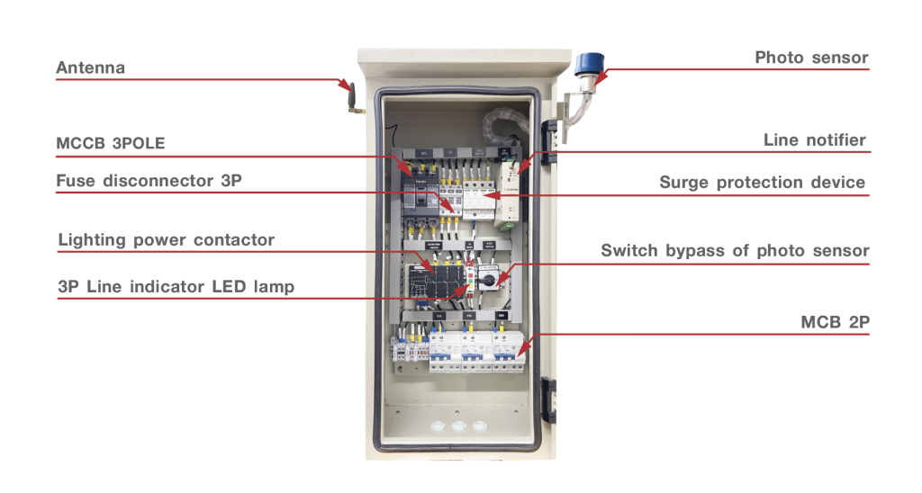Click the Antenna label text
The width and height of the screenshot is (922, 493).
click(90, 68)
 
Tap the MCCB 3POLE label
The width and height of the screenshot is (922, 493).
click(111, 144)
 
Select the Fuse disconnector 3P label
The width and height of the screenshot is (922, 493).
click(149, 181)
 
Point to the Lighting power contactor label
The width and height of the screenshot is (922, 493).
click(166, 240)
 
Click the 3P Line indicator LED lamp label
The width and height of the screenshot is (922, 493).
click(176, 287)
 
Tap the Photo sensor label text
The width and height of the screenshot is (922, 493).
click(811, 58)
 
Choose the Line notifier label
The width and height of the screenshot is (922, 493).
click(814, 139)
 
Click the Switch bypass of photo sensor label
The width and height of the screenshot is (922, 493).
click(735, 250)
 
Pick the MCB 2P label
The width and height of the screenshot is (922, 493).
click(835, 321)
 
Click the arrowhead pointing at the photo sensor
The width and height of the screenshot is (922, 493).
click(599, 81)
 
